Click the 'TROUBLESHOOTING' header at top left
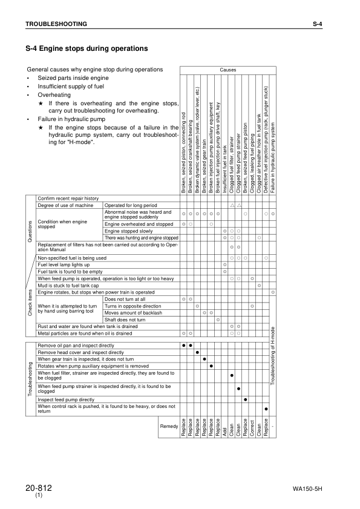click(x=56, y=24)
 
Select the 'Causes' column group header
click(x=228, y=70)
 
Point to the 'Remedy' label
click(x=168, y=427)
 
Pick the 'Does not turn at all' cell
click(x=125, y=299)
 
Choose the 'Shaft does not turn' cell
click(x=124, y=319)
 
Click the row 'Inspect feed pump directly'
click(x=66, y=399)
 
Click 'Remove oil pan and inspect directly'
click(x=76, y=345)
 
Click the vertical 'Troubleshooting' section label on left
click(x=30, y=380)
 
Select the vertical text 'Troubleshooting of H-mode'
click(x=273, y=360)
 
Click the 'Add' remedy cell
click(x=225, y=430)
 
